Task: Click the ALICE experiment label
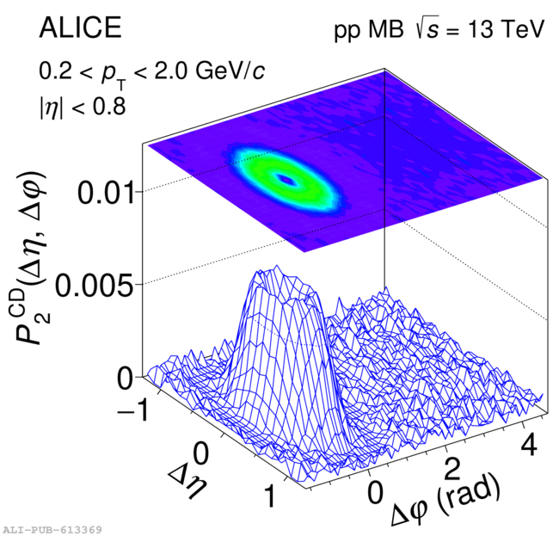79,28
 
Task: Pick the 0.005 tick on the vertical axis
97,284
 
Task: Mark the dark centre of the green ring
286,180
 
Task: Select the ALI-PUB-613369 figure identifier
53,528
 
